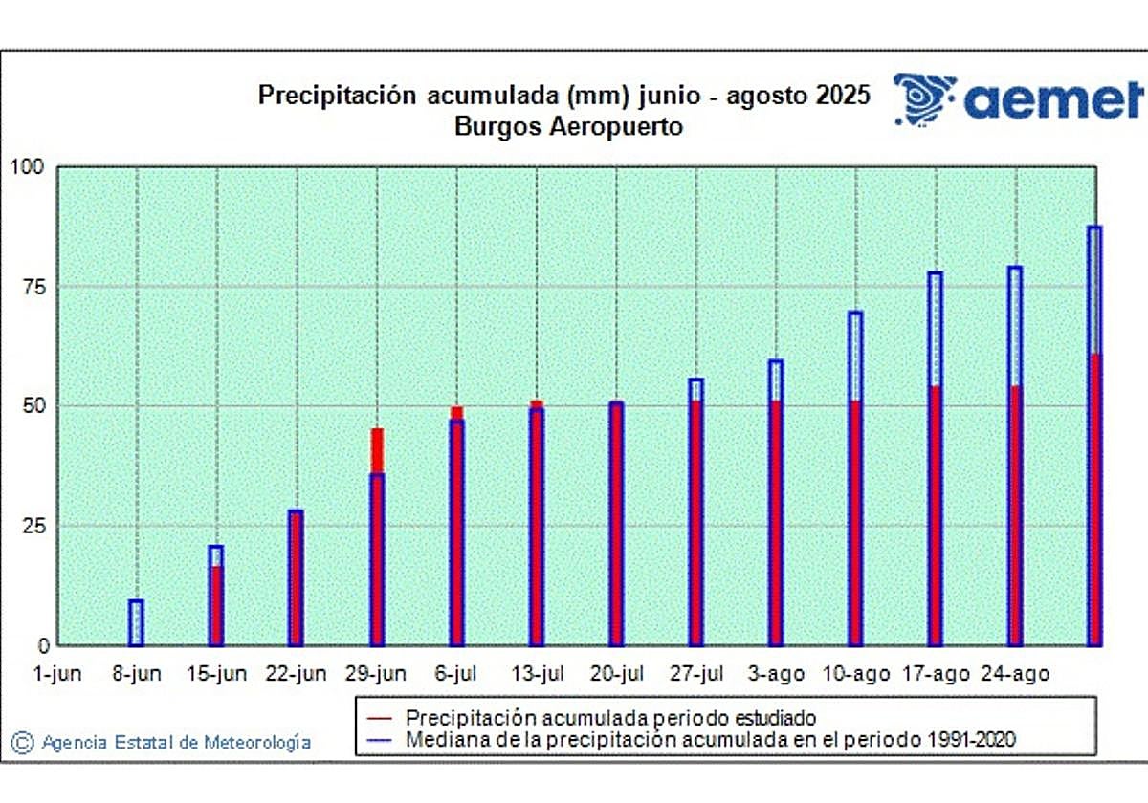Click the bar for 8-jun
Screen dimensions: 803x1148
137,622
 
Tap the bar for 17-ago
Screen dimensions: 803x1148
935,459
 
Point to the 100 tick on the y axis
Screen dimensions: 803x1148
27,167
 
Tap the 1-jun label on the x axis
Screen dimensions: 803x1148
57,674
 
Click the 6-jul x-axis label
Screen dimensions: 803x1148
457,674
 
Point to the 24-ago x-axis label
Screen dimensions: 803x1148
1015,674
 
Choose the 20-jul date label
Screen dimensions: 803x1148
616,674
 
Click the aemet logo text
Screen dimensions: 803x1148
1053,98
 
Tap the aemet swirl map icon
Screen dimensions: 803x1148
924,98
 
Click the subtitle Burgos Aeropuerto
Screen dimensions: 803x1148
568,126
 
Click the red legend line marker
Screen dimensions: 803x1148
380,717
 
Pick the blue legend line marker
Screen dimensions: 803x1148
380,739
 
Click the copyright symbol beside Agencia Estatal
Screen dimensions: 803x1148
23,742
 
